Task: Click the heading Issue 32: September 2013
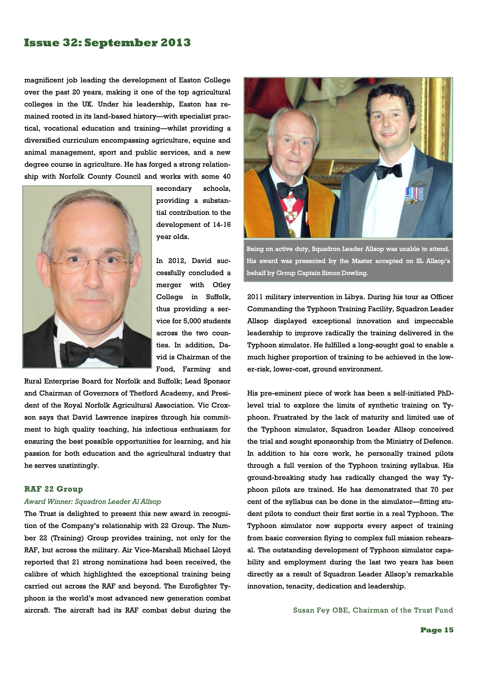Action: (x=107, y=43)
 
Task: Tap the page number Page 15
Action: (x=437, y=630)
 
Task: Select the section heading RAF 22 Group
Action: (x=54, y=489)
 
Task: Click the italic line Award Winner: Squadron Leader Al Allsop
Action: (x=93, y=502)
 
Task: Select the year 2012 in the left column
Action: (x=176, y=261)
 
